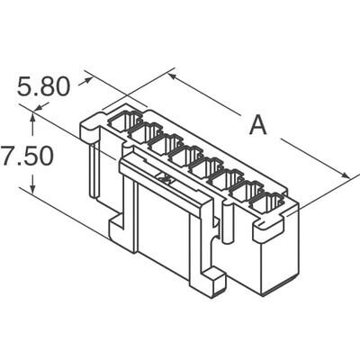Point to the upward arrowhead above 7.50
[34, 112]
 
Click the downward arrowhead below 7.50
[34, 191]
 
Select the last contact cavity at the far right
[267, 205]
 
